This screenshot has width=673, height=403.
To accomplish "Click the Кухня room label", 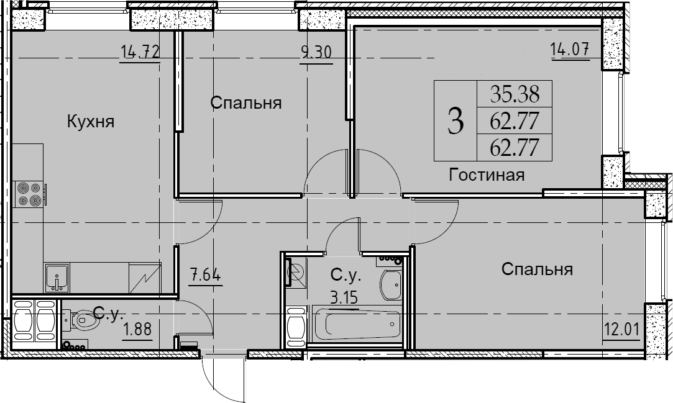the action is (x=91, y=122).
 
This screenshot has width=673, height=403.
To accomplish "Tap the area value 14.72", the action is (x=140, y=53).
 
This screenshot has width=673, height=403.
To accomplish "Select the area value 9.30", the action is (x=316, y=53).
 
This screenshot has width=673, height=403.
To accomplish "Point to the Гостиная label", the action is (x=487, y=175).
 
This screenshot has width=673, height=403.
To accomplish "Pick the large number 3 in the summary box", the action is (x=456, y=121).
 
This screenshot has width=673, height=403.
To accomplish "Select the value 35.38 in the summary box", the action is (x=515, y=94).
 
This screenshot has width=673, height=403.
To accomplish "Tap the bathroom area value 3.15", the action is (x=344, y=297).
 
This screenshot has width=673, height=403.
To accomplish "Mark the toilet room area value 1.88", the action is (x=137, y=330).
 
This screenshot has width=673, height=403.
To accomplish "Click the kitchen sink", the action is (x=56, y=278).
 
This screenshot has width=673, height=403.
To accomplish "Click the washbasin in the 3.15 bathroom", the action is (x=391, y=284).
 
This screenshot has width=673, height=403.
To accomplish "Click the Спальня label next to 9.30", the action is (x=246, y=103).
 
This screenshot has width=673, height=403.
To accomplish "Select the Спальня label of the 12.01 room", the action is (x=537, y=269).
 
